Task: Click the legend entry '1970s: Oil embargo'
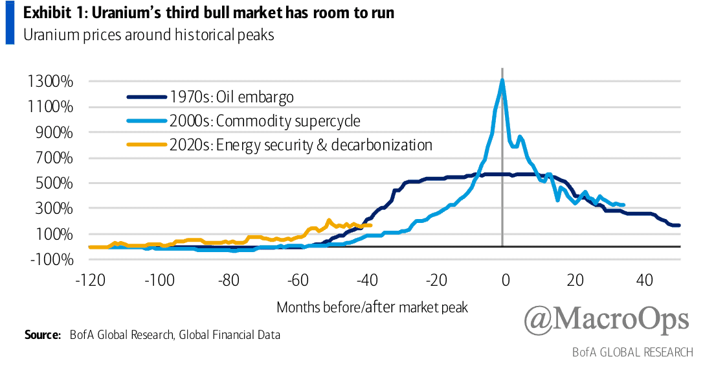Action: point(231,97)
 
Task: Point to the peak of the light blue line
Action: point(502,80)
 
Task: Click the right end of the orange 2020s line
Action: point(370,225)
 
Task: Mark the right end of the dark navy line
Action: point(679,225)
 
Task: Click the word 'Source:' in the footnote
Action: point(43,334)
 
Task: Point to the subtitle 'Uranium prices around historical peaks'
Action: point(149,35)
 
